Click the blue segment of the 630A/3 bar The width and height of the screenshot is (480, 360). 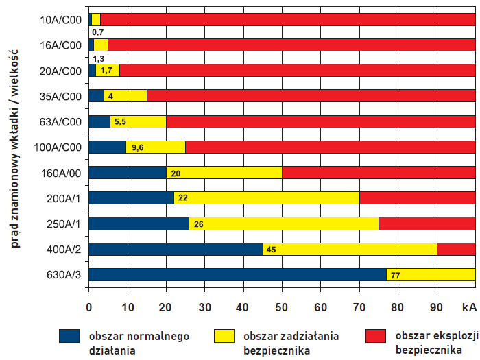pos(239,275)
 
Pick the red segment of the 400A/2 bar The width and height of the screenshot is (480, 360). pos(456,249)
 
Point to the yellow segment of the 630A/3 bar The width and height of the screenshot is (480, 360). pos(435,275)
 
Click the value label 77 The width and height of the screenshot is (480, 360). pos(395,275)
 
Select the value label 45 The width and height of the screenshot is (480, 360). pos(270,250)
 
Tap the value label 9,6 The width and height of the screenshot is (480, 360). pos(137,147)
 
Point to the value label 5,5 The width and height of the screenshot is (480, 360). pos(119,122)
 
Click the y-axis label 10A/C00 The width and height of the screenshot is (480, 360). pos(61,20)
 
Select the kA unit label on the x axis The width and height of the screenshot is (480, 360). pos(469,306)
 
